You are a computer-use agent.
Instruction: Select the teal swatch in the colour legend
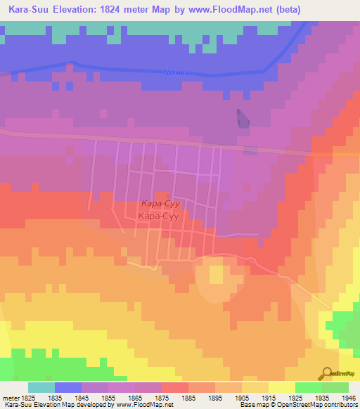[x=41, y=387]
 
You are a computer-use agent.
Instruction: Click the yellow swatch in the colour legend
[x=281, y=387]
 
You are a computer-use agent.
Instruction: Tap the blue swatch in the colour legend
[x=68, y=387]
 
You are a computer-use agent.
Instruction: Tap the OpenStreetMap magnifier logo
[x=328, y=372]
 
